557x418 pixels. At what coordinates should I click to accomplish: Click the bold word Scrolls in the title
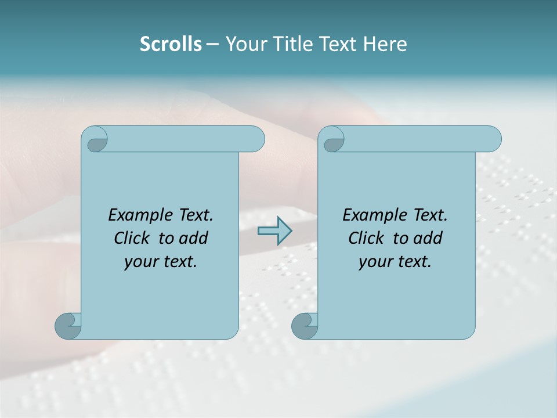pos(171,44)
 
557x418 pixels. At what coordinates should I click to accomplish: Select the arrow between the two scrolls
pos(274,231)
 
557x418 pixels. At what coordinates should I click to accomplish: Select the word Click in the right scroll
pos(366,239)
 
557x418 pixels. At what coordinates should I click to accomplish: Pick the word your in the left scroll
pos(139,262)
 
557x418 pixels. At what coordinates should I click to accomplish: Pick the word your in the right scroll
pos(374,262)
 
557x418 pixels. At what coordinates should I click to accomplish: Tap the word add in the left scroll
pos(194,239)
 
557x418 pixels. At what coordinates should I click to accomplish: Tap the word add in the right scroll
pos(429,239)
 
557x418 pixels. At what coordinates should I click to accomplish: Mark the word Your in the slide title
pos(243,44)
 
